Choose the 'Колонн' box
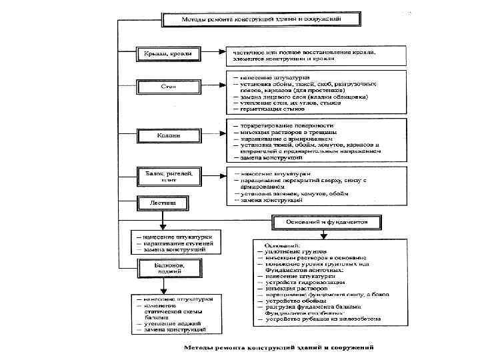point(168,136)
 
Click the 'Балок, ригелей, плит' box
point(168,176)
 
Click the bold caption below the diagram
point(279,347)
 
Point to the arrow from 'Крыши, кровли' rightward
point(213,52)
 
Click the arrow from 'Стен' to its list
point(213,87)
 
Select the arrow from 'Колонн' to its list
point(213,136)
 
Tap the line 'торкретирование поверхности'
point(287,125)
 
